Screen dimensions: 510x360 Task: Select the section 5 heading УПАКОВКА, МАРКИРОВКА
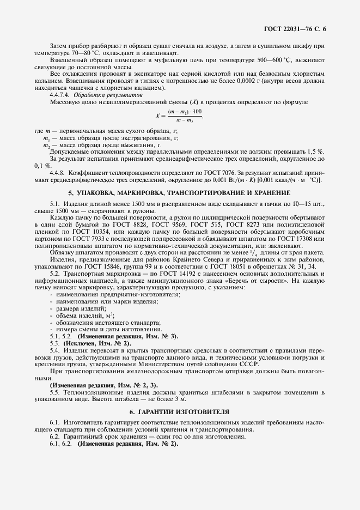(179, 193)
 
